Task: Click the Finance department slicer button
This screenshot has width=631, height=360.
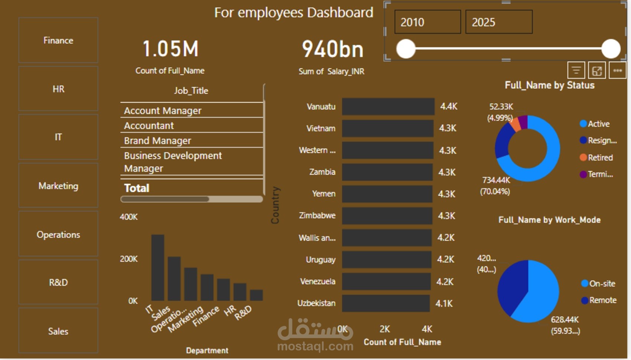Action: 58,40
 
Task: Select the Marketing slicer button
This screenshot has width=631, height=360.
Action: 58,186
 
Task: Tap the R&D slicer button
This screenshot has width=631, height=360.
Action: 58,282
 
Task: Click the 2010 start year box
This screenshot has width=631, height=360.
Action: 428,22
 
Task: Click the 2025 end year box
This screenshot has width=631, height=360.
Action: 499,22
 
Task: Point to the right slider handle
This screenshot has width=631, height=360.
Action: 611,49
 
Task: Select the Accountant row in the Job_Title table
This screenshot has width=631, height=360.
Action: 192,125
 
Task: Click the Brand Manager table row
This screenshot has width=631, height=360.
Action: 192,140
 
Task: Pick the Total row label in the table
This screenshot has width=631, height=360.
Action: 137,188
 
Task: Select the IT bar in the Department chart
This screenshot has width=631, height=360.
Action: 158,268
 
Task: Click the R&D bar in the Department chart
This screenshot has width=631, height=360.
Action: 256,295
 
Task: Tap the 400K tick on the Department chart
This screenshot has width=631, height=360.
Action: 129,217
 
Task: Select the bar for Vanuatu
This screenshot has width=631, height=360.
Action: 388,107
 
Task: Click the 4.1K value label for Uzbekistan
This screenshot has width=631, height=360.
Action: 444,303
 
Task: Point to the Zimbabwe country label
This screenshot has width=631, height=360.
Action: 317,216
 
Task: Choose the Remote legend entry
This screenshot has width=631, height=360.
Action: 599,300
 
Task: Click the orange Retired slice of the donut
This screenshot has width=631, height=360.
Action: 515,124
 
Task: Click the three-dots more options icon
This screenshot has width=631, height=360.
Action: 618,71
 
